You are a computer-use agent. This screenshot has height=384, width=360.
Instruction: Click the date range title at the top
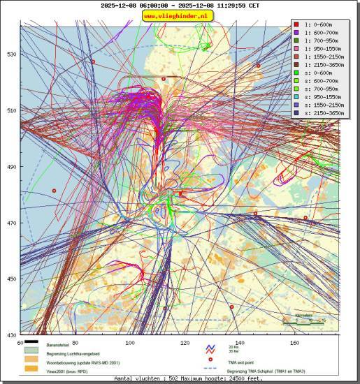pyautogui.click(x=180, y=5)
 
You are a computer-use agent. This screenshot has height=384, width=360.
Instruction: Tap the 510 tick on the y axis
pyautogui.click(x=12, y=110)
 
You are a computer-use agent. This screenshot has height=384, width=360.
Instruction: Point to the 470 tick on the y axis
pyautogui.click(x=12, y=223)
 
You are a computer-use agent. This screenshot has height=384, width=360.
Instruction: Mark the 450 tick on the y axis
pyautogui.click(x=12, y=279)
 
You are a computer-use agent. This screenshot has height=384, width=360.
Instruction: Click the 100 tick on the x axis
pyautogui.click(x=130, y=343)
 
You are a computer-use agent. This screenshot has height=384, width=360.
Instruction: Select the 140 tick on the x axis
pyautogui.click(x=240, y=343)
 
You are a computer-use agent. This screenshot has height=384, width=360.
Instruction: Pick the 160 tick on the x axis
pyautogui.click(x=294, y=343)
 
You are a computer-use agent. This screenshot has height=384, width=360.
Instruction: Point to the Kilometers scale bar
pyautogui.click(x=304, y=320)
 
